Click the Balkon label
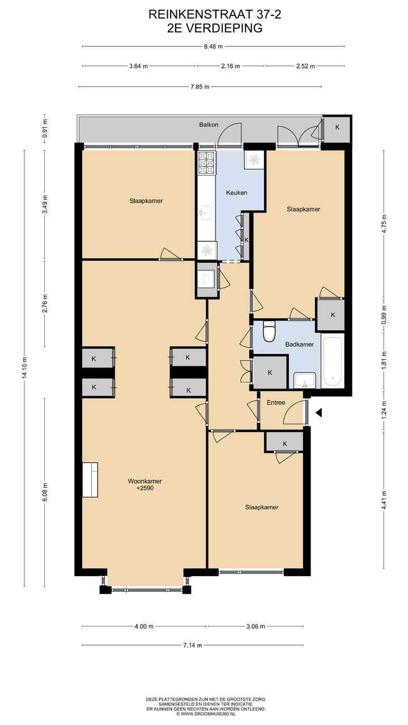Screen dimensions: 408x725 (x=209, y=125)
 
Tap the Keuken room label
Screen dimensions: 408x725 (x=237, y=193)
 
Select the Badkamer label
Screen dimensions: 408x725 (x=299, y=344)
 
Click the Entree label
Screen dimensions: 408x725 (x=276, y=403)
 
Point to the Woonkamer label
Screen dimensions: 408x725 (x=144, y=481)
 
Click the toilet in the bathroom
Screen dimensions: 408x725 (x=269, y=331)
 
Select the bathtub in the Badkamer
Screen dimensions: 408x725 (x=332, y=361)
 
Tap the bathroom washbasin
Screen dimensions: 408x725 (x=304, y=380)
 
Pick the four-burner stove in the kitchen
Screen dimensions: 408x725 (x=207, y=163)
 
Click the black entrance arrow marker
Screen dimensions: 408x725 (x=318, y=412)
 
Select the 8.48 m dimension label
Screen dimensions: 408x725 (x=213, y=46)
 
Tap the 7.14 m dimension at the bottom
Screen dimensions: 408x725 (x=192, y=645)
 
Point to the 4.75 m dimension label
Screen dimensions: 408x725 (x=384, y=224)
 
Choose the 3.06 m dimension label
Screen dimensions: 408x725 (x=256, y=626)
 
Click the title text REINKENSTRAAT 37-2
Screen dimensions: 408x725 (x=215, y=15)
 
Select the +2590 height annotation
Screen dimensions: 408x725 (x=144, y=488)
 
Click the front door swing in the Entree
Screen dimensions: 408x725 (x=294, y=412)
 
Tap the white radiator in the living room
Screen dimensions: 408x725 (x=90, y=480)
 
